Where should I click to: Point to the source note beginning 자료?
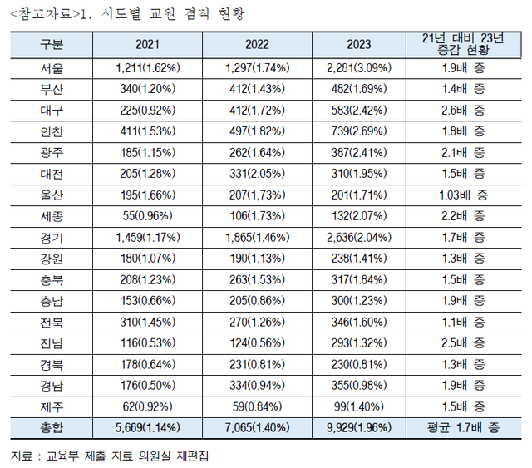(109, 456)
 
